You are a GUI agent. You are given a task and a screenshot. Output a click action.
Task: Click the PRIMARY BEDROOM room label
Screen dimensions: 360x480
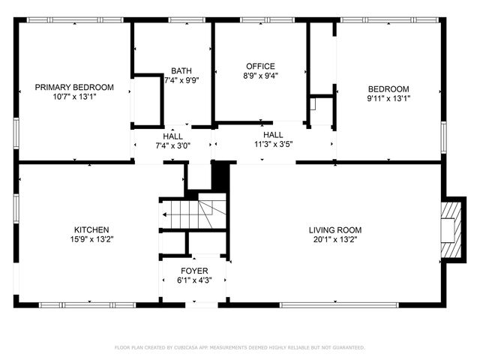pyautogui.click(x=74, y=87)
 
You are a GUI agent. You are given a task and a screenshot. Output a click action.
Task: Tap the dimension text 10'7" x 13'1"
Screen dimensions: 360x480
pyautogui.click(x=74, y=97)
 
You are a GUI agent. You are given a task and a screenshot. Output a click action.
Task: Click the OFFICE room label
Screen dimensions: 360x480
pyautogui.click(x=260, y=66)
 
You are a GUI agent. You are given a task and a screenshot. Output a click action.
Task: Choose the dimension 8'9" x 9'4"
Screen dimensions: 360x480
pyautogui.click(x=260, y=76)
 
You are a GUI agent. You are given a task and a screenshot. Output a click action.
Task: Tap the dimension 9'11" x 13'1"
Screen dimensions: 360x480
pyautogui.click(x=388, y=97)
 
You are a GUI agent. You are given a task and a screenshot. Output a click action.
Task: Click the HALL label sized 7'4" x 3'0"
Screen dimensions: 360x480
pyautogui.click(x=172, y=136)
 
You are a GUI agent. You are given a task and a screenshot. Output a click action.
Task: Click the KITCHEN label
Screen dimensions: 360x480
pyautogui.click(x=91, y=229)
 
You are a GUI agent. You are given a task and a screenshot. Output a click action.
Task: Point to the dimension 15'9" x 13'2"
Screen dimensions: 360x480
pyautogui.click(x=91, y=239)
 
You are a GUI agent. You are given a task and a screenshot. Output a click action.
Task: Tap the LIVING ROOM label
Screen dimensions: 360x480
pyautogui.click(x=335, y=229)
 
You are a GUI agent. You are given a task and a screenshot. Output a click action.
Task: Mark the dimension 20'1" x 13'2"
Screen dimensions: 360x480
pyautogui.click(x=335, y=239)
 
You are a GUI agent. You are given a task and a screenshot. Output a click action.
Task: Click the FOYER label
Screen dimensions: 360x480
pyautogui.click(x=194, y=271)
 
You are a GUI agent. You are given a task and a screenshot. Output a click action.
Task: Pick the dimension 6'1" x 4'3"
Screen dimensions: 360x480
pyautogui.click(x=194, y=280)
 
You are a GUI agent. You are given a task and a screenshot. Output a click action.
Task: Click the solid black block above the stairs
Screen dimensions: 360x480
pyautogui.click(x=220, y=177)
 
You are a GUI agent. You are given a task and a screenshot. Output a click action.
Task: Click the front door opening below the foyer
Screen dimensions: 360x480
pyautogui.click(x=201, y=304)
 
